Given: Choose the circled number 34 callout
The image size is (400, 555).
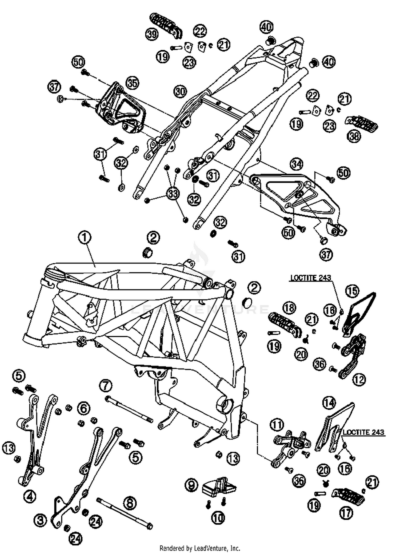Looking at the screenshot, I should (x=297, y=164).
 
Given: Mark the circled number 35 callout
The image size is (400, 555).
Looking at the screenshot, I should (x=133, y=83).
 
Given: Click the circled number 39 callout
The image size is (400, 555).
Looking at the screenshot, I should (x=152, y=34).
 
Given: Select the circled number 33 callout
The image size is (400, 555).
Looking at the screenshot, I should (x=173, y=194).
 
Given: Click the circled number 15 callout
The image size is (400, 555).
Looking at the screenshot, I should (x=353, y=291).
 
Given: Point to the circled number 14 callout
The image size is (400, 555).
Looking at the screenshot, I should (x=329, y=403).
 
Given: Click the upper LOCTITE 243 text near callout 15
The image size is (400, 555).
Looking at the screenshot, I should (x=310, y=278).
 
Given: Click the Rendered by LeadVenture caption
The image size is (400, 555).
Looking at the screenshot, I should (x=200, y=548).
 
